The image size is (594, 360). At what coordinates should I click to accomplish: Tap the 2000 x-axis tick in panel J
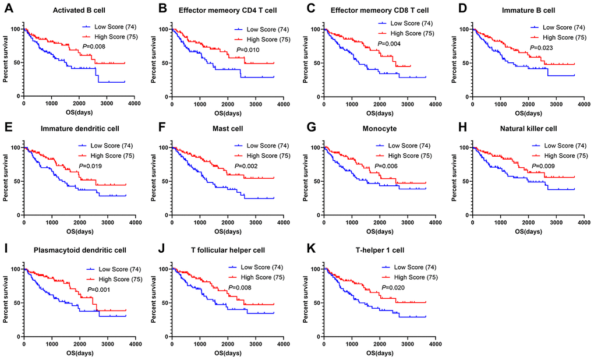point(227,343)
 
